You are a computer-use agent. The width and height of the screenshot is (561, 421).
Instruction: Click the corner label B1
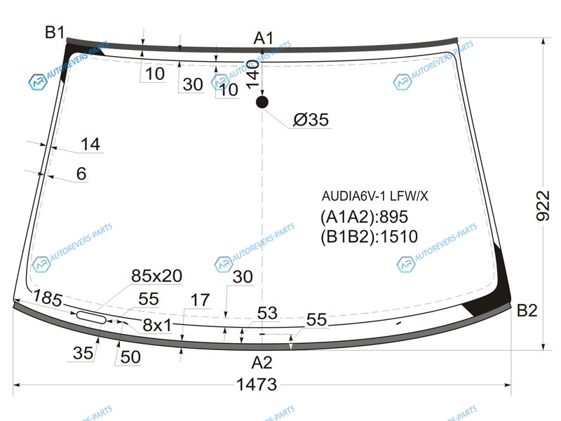click(x=55, y=32)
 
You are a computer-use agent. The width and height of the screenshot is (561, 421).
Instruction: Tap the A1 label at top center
click(x=264, y=38)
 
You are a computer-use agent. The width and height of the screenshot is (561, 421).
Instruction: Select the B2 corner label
click(x=527, y=310)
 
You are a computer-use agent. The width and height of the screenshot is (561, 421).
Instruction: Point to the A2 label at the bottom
click(x=262, y=363)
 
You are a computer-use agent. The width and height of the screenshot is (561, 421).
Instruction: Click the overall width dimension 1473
click(x=257, y=385)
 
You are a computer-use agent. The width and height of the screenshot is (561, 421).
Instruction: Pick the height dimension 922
click(x=542, y=206)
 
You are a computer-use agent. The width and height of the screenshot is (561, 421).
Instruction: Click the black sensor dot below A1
click(x=262, y=102)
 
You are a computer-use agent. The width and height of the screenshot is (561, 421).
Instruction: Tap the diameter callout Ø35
click(x=311, y=119)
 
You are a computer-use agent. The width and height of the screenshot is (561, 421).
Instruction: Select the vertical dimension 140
click(x=252, y=74)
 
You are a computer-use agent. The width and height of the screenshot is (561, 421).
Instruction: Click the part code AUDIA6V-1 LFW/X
click(x=374, y=196)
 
